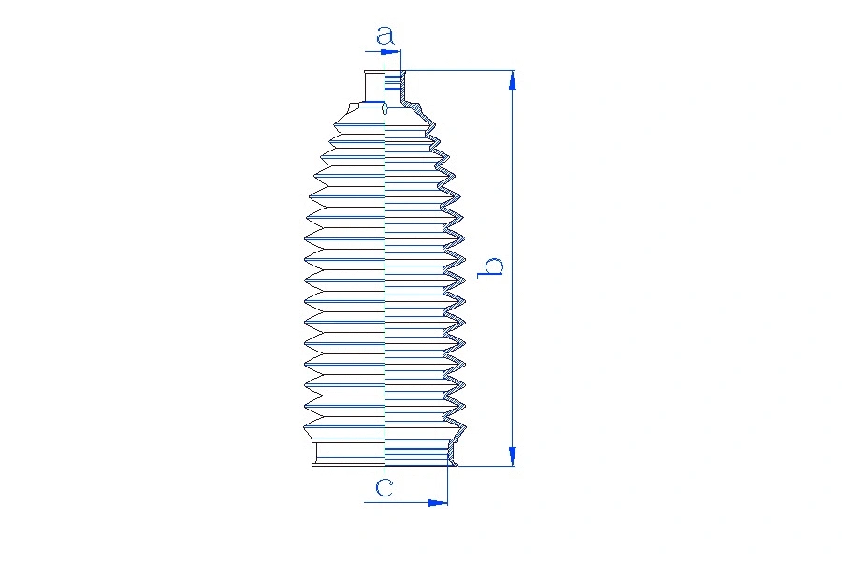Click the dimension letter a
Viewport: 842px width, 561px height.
tap(385, 36)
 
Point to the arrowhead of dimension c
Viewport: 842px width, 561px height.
tap(438, 503)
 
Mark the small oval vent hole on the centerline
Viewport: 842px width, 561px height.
tap(385, 109)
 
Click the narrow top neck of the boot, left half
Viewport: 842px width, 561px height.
tap(374, 84)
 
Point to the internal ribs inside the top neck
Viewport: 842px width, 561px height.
tap(392, 84)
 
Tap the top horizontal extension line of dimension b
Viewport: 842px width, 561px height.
tap(458, 71)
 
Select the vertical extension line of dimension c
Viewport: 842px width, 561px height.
tap(448, 486)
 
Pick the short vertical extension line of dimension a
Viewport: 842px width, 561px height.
tap(401, 59)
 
